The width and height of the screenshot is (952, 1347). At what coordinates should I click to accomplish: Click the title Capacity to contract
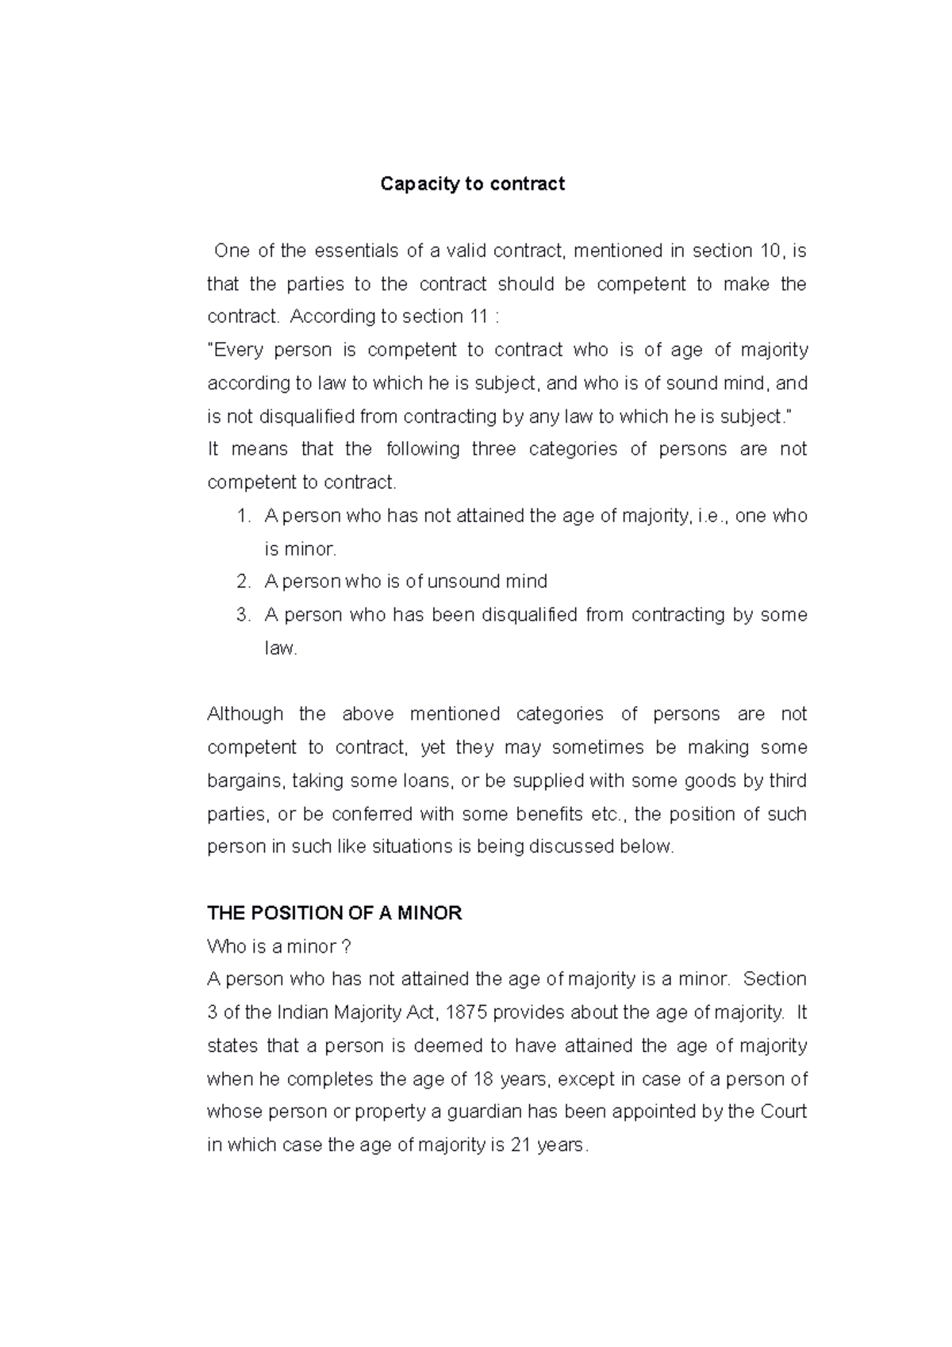click(x=472, y=184)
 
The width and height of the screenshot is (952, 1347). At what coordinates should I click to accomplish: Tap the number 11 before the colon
click(x=478, y=317)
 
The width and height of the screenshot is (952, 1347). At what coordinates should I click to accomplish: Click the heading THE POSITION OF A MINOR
click(x=334, y=913)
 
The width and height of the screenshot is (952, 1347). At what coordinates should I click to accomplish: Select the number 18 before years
click(x=482, y=1079)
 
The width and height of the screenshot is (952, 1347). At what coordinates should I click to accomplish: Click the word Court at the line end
click(x=783, y=1112)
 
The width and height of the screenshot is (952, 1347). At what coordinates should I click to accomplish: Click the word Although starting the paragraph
click(x=244, y=714)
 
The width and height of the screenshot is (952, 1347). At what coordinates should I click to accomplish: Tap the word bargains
click(x=244, y=781)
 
